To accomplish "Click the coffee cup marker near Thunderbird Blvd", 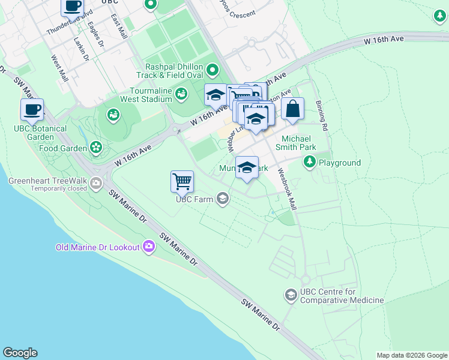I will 73,7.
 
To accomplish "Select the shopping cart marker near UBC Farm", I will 182,181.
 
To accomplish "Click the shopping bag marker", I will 292,109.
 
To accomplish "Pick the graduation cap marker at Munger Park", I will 247,167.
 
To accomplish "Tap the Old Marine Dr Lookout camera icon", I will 149,247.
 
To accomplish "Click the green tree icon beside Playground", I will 310,161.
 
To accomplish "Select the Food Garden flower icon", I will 96,147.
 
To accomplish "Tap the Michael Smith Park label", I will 295,142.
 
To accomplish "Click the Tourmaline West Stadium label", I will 147,95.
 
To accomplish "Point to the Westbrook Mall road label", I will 287,188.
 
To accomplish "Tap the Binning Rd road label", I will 321,115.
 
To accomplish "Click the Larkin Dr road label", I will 80,49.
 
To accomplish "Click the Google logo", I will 20,353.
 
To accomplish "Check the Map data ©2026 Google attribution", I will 411,355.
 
